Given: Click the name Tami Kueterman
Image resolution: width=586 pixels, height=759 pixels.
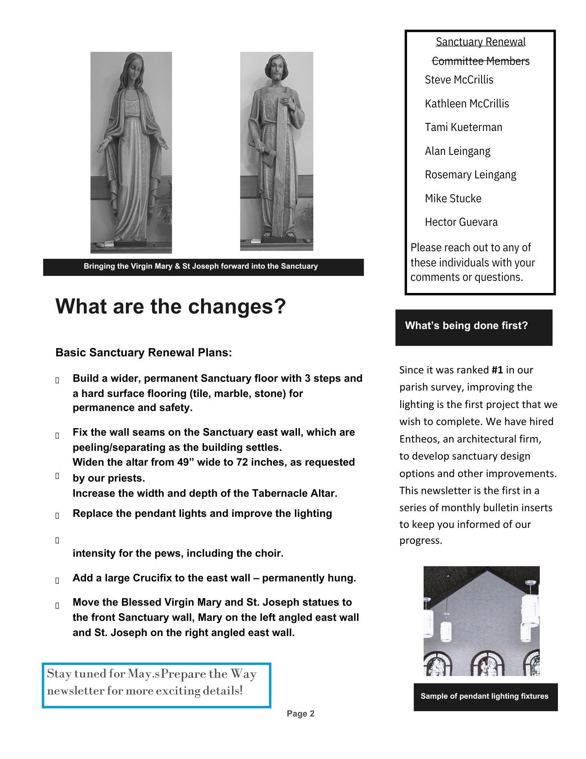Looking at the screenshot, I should tap(463, 127).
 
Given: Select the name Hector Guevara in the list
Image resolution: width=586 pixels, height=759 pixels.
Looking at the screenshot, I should tap(461, 222).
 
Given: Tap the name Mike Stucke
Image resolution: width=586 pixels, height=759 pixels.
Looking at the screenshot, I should tap(453, 198).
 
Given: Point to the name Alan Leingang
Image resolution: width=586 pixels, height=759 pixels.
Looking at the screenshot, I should tap(457, 151).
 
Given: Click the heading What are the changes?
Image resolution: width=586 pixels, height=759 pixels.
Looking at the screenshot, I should tap(170, 306).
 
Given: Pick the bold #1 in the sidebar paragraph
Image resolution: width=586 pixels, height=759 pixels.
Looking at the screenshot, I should tap(497, 370).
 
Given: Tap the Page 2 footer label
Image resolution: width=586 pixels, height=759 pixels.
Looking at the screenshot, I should tap(300, 714).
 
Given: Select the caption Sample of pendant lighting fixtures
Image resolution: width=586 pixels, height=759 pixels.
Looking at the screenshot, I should tap(484, 696).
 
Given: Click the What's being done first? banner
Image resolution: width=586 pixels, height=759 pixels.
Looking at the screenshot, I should tap(466, 326).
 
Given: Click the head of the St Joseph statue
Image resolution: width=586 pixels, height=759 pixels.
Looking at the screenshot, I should tap(277, 68).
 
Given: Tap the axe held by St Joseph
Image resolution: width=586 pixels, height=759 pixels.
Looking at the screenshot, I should tap(258, 148).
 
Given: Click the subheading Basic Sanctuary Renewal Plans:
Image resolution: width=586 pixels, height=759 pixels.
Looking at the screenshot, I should tap(143, 353).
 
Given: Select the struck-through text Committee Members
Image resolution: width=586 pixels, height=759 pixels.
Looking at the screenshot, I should tap(480, 61).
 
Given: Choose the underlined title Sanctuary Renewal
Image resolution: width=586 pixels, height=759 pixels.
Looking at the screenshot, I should tap(480, 42).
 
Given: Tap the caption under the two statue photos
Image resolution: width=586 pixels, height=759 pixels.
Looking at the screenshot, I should tap(201, 266).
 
